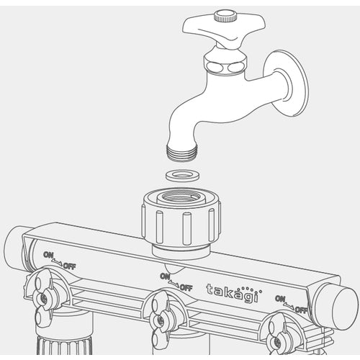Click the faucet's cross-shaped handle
[x=223, y=31]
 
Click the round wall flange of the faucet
[x=286, y=84]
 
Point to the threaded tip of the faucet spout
[x=182, y=152]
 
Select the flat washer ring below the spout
[x=182, y=176]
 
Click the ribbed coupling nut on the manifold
[x=181, y=218]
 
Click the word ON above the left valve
[x=48, y=255]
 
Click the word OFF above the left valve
[x=70, y=266]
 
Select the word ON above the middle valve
[x=165, y=276]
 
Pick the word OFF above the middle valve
[x=186, y=287]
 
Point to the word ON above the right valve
[x=280, y=299]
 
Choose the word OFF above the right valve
[x=301, y=310]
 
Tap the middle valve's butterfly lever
[x=161, y=319]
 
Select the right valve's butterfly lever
[x=278, y=337]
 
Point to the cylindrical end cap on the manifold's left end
[x=14, y=247]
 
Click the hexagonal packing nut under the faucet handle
[x=225, y=63]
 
